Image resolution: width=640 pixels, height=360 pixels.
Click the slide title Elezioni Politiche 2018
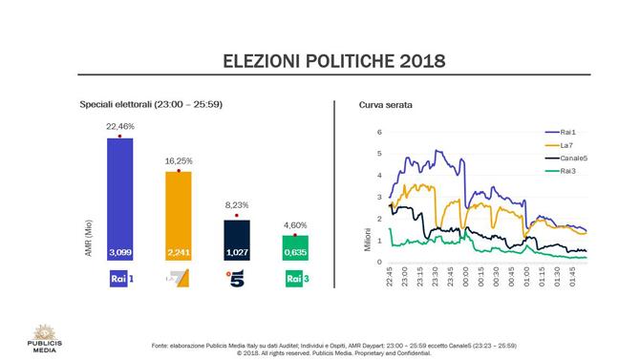[320, 62]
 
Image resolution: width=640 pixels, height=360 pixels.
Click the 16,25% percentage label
[179, 160]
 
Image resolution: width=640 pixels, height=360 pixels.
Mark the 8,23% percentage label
[236, 205]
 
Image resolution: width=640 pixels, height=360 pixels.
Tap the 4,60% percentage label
[295, 224]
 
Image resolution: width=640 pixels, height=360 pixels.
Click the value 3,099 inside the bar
[119, 252]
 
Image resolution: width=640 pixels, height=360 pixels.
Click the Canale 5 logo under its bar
[236, 279]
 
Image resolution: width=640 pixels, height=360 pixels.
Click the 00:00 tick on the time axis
[465, 277]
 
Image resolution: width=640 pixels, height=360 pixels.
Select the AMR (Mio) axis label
[88, 237]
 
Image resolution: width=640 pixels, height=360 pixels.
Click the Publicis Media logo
[42, 339]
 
